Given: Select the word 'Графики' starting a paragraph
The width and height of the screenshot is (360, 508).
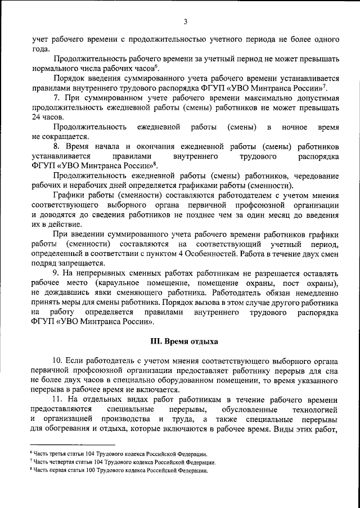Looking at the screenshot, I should [x=69, y=195].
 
